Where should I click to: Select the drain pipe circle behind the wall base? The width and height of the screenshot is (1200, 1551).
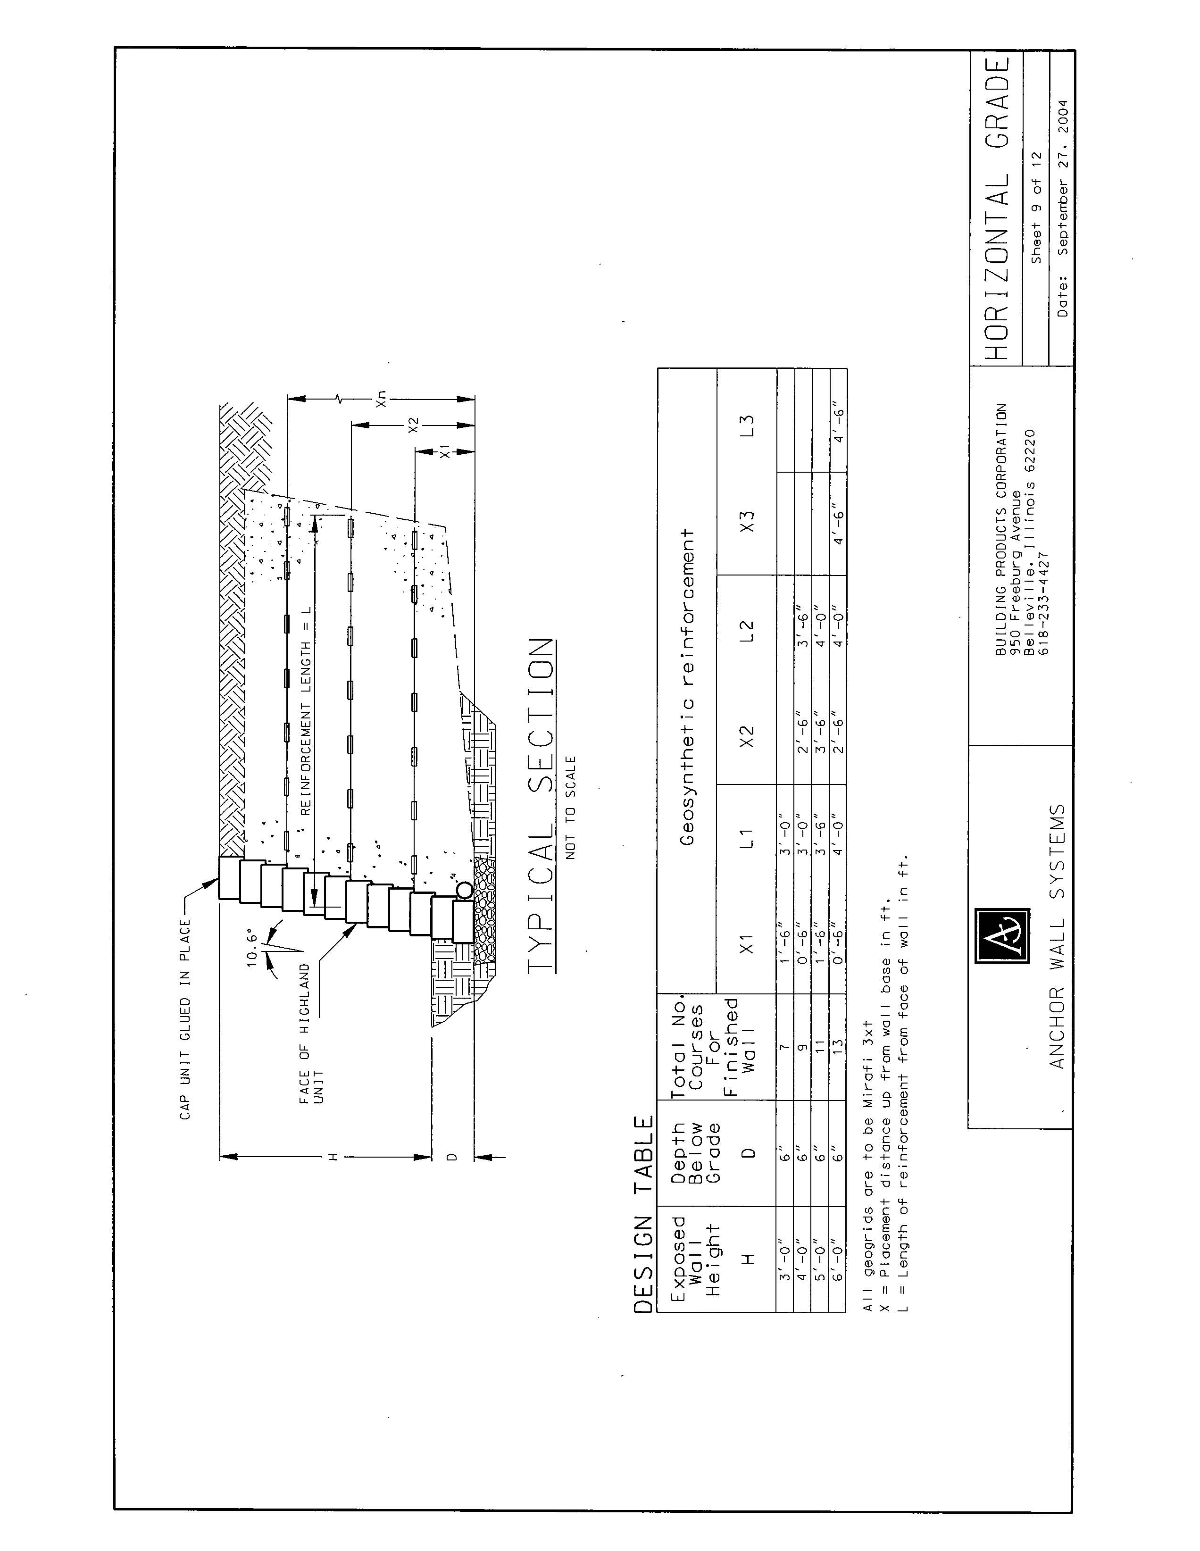pyautogui.click(x=464, y=890)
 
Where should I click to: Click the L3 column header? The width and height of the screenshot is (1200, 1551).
pyautogui.click(x=746, y=425)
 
